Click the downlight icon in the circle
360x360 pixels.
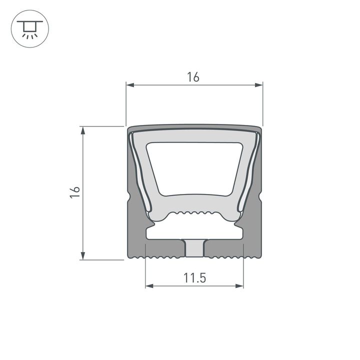28,28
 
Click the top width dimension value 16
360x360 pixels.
193,77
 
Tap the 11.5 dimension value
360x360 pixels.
194,278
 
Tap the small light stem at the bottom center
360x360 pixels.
194,248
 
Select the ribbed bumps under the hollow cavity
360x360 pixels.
194,213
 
